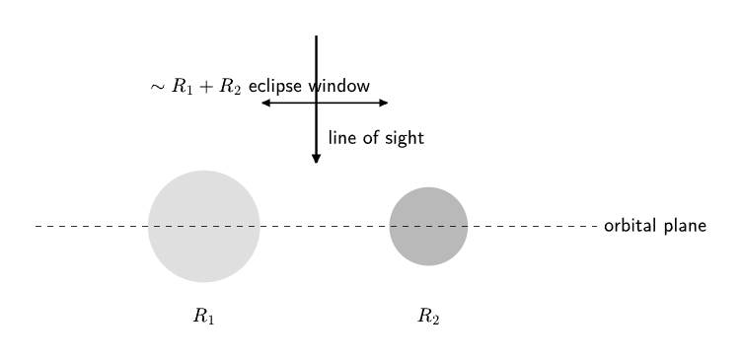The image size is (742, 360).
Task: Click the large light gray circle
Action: point(204,226)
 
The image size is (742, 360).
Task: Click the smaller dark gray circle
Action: point(429,226)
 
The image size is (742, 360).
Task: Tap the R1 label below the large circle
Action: point(204,316)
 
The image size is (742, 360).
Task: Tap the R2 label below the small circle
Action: point(429,316)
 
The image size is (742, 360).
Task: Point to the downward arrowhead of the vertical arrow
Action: point(316,159)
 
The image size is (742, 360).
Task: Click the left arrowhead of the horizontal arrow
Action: point(266,103)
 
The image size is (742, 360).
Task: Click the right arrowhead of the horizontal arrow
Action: point(383,103)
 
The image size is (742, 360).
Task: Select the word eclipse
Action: point(275,87)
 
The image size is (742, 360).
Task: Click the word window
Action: point(338,86)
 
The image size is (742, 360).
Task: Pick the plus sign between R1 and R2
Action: point(206,88)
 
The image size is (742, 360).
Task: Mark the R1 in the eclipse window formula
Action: point(183,87)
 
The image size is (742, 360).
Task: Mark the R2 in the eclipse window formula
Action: point(230,87)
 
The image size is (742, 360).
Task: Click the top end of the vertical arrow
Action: point(316,36)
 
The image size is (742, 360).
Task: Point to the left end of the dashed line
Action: point(36,226)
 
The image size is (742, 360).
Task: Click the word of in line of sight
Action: point(371,138)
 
